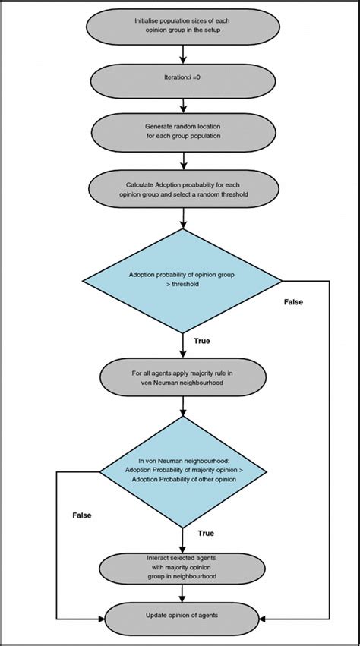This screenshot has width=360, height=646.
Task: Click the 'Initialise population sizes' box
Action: tap(183, 26)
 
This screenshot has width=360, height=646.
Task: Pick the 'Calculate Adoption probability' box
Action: tap(183, 187)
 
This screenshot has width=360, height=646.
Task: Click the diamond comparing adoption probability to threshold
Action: tap(183, 281)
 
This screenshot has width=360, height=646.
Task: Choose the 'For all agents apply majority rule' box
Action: tap(183, 378)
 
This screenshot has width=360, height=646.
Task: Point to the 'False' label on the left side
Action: tap(82, 515)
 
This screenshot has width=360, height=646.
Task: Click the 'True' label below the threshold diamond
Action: tap(203, 341)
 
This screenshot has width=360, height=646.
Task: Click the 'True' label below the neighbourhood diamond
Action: tap(205, 534)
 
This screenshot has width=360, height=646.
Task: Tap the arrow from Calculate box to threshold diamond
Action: tap(183, 217)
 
